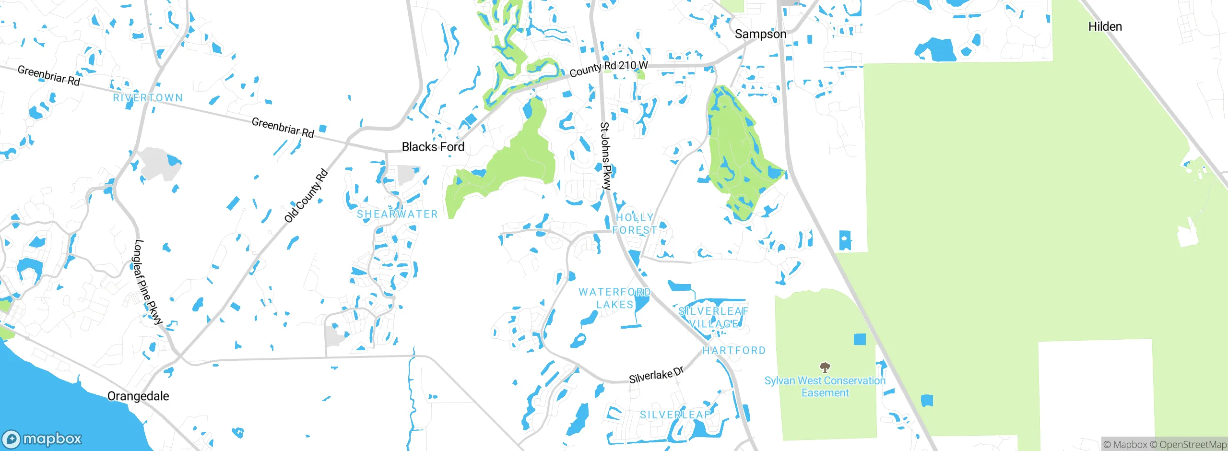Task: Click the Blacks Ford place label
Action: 433,147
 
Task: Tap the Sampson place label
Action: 760,34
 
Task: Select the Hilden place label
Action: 1105,27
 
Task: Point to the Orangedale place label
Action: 138,396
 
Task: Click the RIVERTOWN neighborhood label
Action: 148,98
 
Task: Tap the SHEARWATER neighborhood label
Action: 397,214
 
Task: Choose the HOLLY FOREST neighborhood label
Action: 635,224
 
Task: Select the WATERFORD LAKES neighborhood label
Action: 614,298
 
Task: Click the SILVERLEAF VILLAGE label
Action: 713,318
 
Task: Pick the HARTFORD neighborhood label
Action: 734,351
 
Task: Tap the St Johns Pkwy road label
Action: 606,156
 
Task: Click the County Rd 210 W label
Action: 608,69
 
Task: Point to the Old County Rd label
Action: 306,196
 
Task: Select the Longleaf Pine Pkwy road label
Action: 148,282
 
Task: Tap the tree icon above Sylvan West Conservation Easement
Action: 825,368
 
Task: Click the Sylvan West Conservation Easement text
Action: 825,387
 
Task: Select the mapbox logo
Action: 42,439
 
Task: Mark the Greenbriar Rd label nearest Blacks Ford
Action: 283,128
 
